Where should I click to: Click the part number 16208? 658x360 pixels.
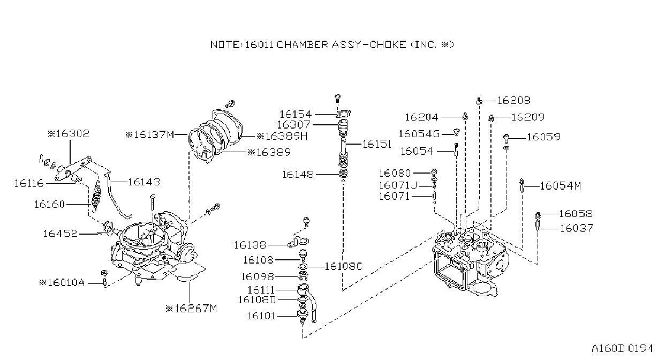[514, 101]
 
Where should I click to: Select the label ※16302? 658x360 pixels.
[69, 134]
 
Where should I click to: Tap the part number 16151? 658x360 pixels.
[377, 144]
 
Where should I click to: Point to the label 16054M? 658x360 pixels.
[561, 186]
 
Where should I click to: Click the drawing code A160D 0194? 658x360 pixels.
[622, 349]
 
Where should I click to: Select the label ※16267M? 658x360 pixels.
[191, 309]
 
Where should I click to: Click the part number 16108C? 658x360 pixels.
[344, 267]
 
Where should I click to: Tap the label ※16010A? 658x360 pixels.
[62, 283]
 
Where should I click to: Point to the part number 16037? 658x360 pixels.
[577, 228]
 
